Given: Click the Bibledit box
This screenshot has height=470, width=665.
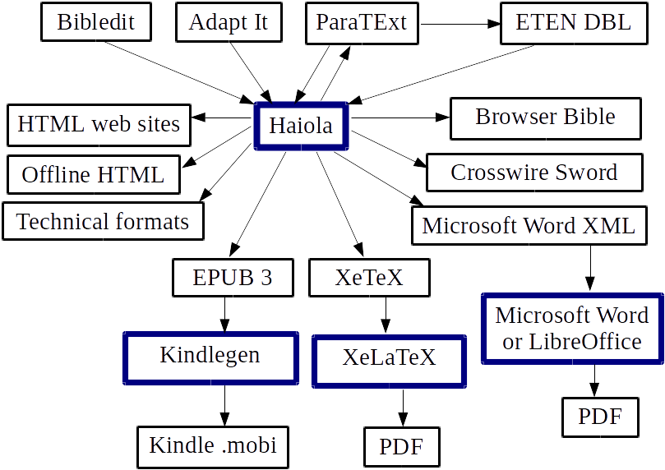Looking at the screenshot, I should point(97,23).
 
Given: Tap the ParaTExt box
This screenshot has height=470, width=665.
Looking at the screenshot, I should point(362,23).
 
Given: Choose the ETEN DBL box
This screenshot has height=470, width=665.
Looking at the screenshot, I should point(573,23).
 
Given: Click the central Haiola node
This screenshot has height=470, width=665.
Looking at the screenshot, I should point(301,127).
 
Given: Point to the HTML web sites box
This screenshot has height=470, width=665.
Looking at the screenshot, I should point(99,126).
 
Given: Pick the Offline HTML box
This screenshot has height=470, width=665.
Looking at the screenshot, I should point(93,174).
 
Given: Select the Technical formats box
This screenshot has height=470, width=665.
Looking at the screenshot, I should point(103,222).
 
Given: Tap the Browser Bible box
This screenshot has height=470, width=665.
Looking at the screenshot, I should point(545,117).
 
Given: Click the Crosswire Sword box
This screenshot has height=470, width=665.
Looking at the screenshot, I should point(533,173).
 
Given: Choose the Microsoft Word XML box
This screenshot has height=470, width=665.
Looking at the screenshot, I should point(529,226).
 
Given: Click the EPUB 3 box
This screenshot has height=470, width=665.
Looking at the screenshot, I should point(233,278).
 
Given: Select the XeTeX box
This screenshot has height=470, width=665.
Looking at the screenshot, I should point(369,278).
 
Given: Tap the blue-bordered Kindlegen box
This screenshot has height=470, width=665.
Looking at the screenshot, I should point(210,357).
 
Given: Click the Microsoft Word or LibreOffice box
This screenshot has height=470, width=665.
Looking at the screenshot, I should point(571,329).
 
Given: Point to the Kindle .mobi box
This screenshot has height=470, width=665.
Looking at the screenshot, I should point(213,446).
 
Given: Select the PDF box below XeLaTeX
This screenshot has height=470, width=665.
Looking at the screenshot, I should point(402,448).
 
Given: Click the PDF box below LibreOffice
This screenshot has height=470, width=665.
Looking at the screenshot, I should point(599,417).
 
